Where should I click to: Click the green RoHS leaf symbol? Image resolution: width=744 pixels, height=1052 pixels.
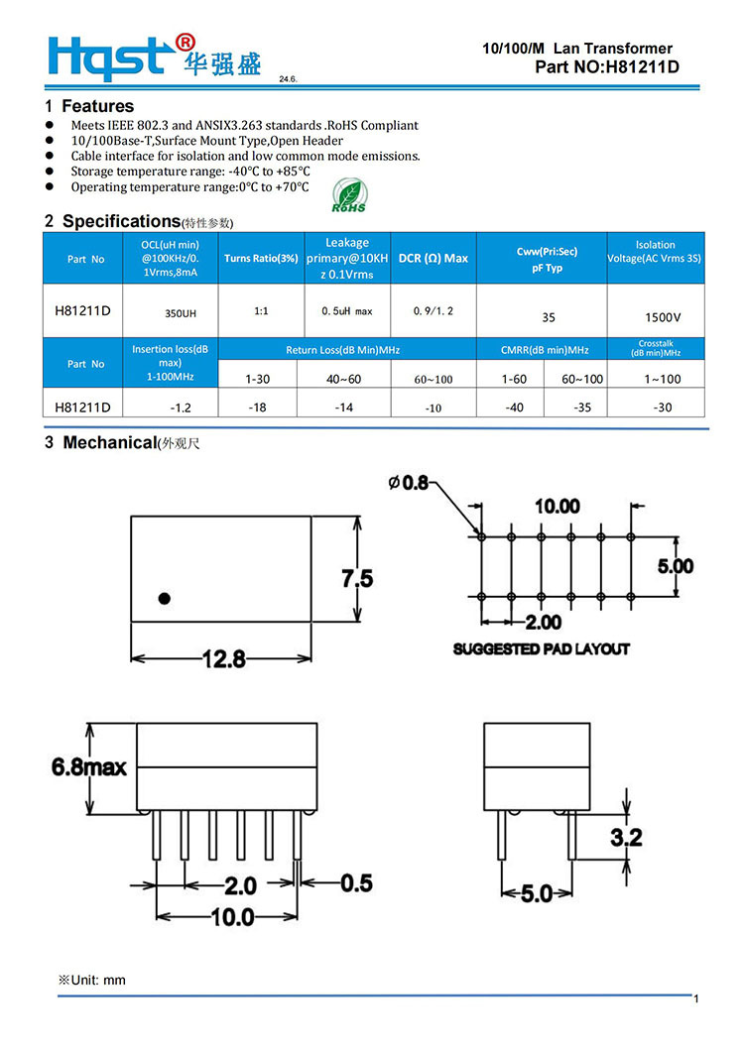(x=348, y=195)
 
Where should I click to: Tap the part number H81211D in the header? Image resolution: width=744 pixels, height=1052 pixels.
(x=606, y=67)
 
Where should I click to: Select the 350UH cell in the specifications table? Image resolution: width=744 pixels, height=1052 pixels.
(x=180, y=312)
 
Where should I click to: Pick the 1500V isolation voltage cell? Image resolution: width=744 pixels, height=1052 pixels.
(x=662, y=318)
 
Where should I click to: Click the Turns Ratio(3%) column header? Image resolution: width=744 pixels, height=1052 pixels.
(x=261, y=259)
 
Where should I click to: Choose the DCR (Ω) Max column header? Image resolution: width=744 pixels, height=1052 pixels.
(x=434, y=259)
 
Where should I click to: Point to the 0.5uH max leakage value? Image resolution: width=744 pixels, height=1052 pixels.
(x=347, y=311)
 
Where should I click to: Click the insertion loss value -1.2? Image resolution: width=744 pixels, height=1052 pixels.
(x=180, y=407)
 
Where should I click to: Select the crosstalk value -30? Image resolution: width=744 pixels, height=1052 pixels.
(x=662, y=407)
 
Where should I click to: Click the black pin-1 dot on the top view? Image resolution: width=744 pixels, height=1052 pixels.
(x=165, y=598)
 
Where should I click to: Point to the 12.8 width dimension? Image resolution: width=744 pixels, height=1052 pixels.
(x=224, y=659)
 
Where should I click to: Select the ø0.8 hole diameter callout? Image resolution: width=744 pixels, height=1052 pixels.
(x=408, y=483)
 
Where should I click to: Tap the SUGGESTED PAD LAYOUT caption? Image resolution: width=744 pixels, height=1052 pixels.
(x=542, y=648)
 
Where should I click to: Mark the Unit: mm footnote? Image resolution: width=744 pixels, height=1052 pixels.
(x=92, y=980)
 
